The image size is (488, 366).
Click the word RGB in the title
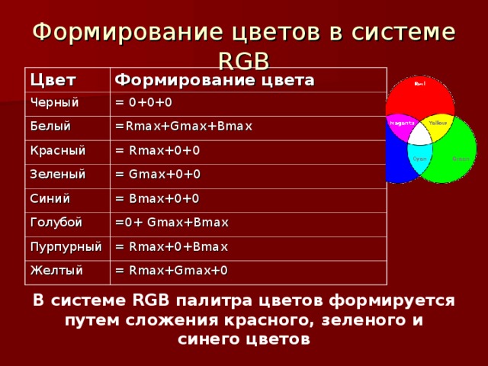(x=243, y=60)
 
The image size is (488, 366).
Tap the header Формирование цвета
(x=214, y=80)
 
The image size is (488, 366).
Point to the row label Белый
(x=50, y=126)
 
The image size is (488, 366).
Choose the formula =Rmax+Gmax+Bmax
(x=184, y=126)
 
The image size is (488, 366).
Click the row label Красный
(x=57, y=150)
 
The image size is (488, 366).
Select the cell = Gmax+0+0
(x=158, y=174)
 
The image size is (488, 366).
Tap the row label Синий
(x=50, y=198)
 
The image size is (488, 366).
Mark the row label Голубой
(x=56, y=223)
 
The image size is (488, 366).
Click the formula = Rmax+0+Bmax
(x=172, y=246)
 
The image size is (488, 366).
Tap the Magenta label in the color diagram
(x=402, y=122)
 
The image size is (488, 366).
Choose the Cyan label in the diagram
(x=419, y=159)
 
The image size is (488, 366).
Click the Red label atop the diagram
(x=419, y=84)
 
